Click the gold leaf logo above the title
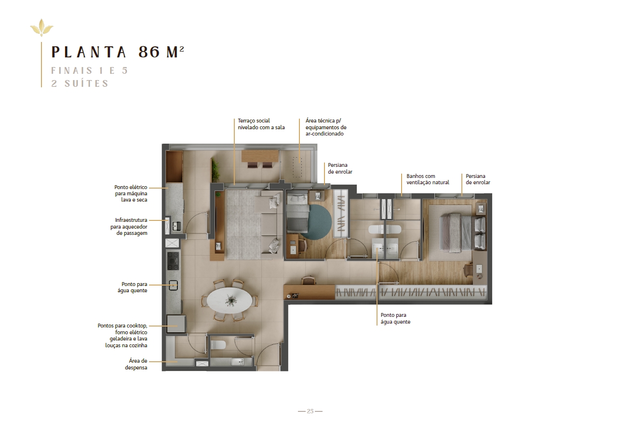(x=42, y=27)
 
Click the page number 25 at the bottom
(x=310, y=411)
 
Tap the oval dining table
(x=229, y=300)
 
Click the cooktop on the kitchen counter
(x=173, y=260)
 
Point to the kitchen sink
(x=173, y=286)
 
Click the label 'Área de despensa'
(x=136, y=364)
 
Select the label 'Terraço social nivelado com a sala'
(x=261, y=124)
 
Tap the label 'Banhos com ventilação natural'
(x=428, y=179)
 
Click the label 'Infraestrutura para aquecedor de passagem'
(x=129, y=227)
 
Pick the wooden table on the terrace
(x=260, y=156)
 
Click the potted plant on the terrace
(x=215, y=170)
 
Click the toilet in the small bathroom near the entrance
(x=218, y=345)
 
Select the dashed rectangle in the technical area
(x=297, y=167)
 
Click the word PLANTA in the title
(x=89, y=52)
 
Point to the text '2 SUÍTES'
(x=80, y=83)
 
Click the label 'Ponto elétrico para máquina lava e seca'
(x=131, y=193)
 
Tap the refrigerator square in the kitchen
(x=176, y=324)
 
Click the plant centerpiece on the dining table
(x=230, y=300)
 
